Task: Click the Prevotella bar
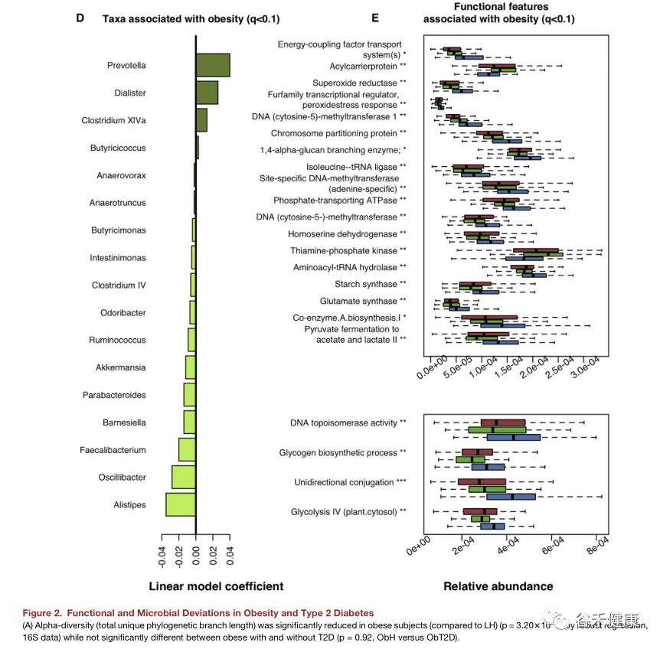[213, 65]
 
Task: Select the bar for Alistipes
[181, 504]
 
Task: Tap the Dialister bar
[207, 93]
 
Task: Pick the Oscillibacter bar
[184, 477]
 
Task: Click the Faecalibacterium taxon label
[113, 450]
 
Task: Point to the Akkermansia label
[120, 367]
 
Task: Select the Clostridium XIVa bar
[201, 120]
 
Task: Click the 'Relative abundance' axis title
[498, 586]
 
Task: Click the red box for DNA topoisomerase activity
[503, 422]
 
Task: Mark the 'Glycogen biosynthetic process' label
[341, 453]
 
